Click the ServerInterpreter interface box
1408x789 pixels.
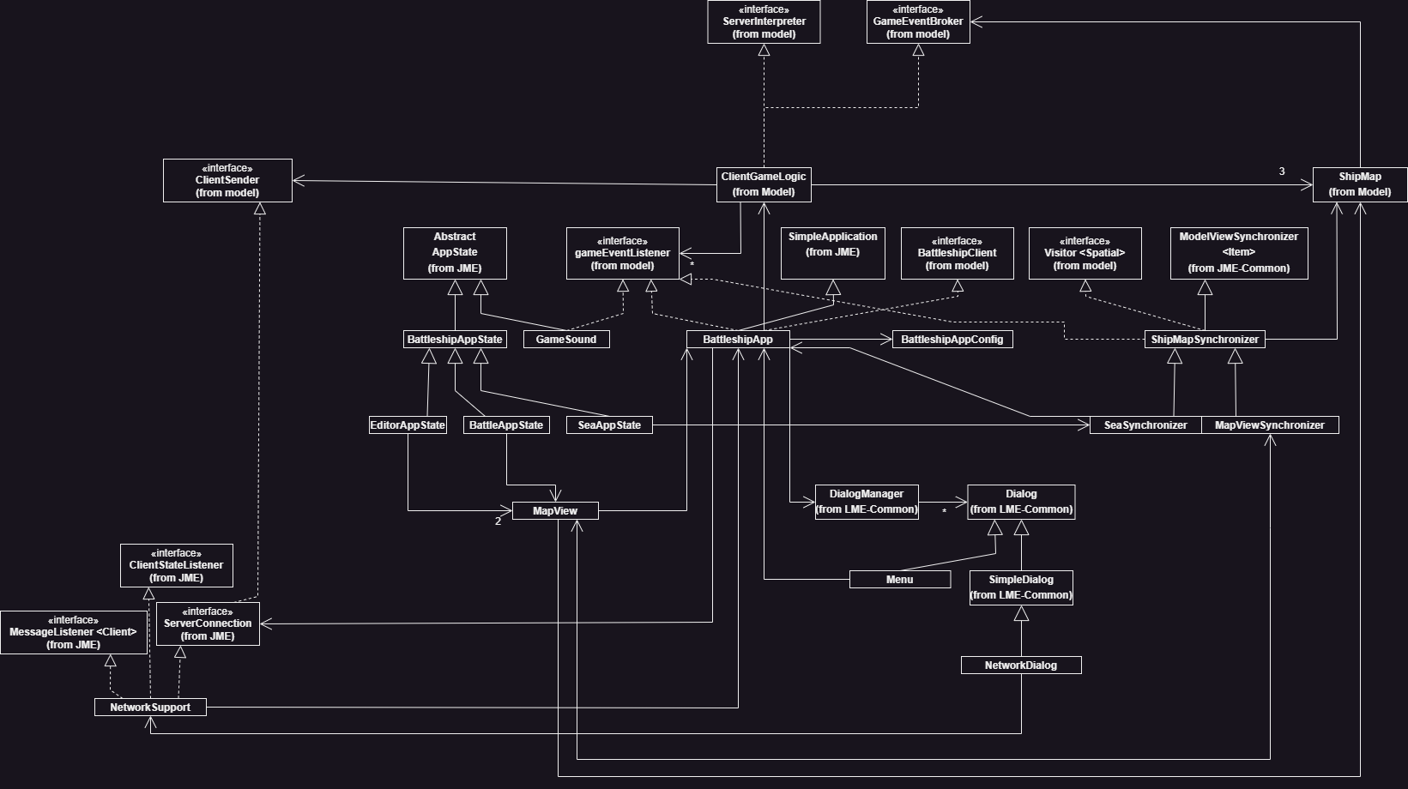pos(764,21)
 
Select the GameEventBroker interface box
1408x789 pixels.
pos(918,21)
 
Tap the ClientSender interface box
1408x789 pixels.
pos(227,180)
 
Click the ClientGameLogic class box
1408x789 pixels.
pos(764,184)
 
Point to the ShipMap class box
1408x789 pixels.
pos(1359,184)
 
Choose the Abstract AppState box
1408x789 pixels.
pos(455,253)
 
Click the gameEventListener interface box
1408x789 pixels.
pos(622,253)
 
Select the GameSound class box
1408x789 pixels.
pos(566,340)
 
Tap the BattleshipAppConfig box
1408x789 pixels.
pos(952,340)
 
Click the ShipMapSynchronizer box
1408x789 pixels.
pos(1205,340)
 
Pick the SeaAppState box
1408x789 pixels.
pos(609,425)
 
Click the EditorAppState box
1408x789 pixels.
pos(408,425)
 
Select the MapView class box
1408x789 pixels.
pos(555,511)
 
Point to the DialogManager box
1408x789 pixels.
pos(867,502)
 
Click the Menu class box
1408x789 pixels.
pos(899,580)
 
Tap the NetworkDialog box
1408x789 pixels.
pos(1021,666)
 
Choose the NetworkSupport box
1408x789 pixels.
pos(150,708)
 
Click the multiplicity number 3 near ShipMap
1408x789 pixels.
pos(1282,172)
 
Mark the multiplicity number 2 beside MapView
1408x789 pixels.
pos(498,521)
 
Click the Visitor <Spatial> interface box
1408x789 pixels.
pos(1085,253)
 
